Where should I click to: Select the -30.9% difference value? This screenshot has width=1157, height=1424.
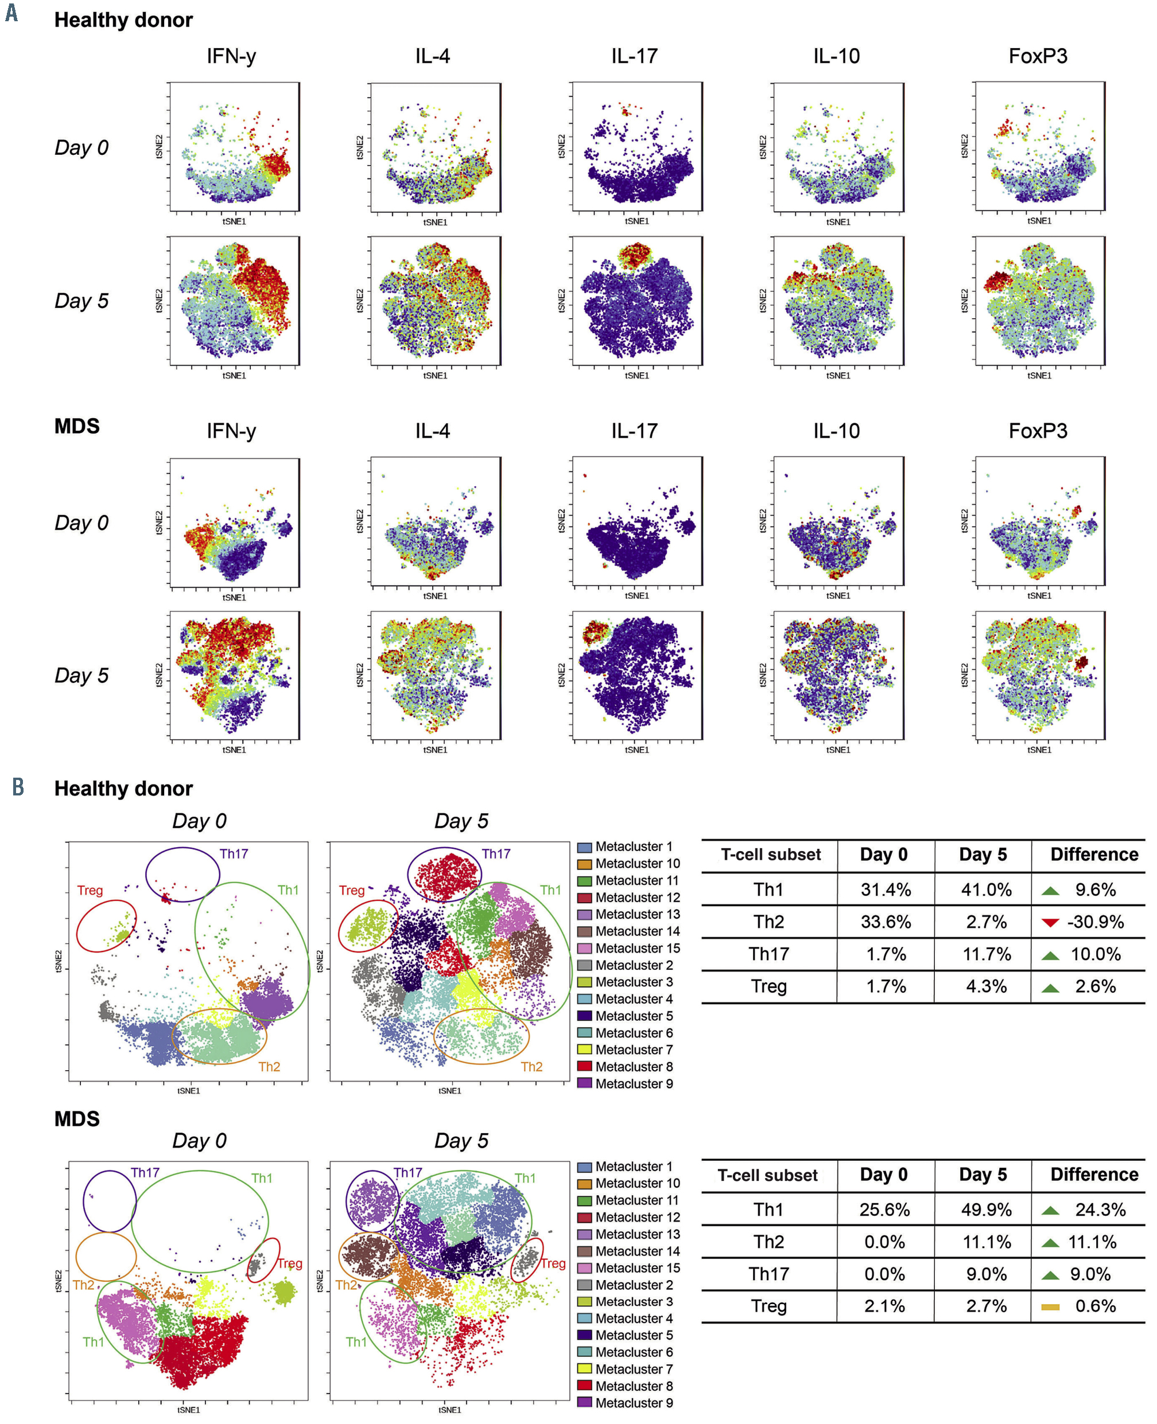[1095, 922]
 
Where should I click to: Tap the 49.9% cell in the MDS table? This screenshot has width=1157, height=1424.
[986, 1210]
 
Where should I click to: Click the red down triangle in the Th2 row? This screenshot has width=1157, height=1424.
[1050, 922]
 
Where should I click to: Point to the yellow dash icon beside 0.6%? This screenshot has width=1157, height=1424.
[1050, 1307]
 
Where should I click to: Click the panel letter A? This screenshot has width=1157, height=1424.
[11, 13]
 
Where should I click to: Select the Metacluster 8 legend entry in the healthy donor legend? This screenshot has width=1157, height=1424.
[633, 1066]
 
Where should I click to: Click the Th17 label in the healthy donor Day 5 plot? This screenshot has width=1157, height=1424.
[496, 854]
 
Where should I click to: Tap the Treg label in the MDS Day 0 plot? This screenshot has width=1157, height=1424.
[290, 1263]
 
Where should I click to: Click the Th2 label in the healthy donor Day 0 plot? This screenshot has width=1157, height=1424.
[269, 1066]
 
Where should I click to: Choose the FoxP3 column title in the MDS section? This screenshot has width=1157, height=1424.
[1038, 431]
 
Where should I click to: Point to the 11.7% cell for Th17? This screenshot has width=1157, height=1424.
[986, 954]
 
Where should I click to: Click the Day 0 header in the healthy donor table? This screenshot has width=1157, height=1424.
[884, 855]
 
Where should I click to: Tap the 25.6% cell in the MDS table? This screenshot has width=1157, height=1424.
[884, 1210]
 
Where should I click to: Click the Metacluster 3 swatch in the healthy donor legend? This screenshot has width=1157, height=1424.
[584, 982]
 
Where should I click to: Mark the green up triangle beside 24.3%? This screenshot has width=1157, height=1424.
[1050, 1210]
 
